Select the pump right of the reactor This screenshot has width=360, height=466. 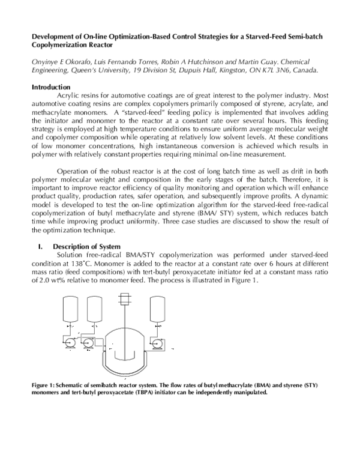pos(158,343)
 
